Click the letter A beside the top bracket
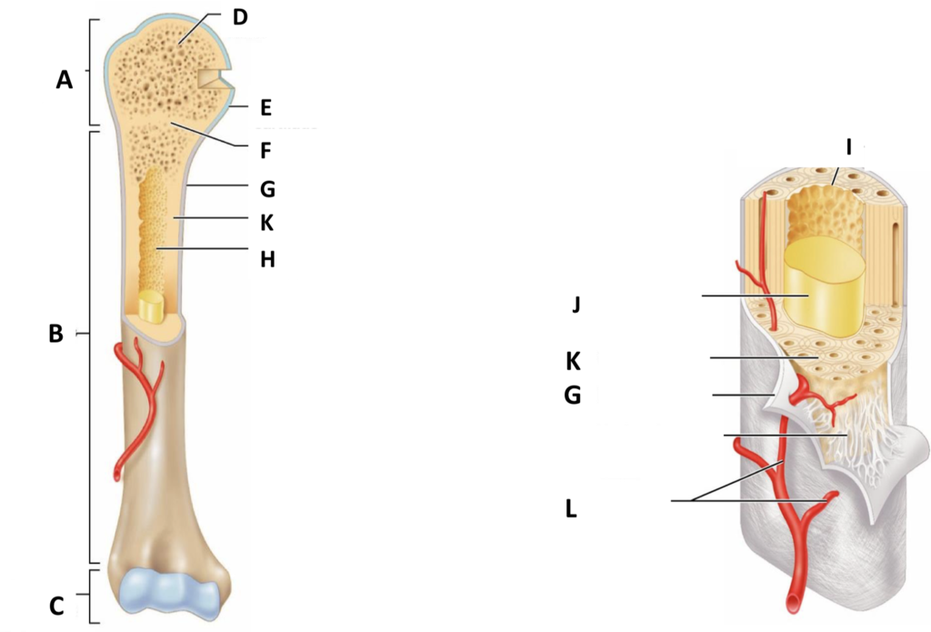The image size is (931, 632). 65,79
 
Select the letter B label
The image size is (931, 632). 55,334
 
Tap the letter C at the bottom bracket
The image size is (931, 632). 56,606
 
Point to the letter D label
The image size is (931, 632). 240,17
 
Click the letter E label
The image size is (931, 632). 265,107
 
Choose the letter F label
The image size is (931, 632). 265,150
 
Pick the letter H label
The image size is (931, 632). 267,259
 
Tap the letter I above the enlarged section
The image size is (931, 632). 848,146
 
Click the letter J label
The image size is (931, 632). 576,304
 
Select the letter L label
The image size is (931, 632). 571,508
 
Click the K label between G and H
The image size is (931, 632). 266,223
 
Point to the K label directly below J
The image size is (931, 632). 573,360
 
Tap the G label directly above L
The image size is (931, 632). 573,395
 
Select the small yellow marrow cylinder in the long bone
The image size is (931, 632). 151,307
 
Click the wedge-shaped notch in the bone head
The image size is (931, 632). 215,80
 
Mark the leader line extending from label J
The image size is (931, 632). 755,296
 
